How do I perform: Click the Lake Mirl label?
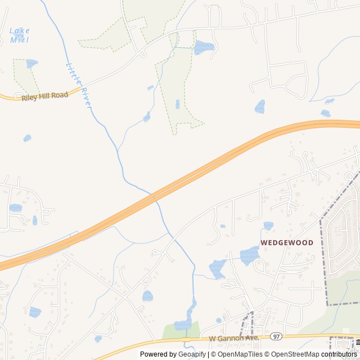tap(20, 35)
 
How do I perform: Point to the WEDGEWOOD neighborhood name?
tap(287, 243)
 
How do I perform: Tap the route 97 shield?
tap(276, 336)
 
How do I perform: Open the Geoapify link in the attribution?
tap(192, 354)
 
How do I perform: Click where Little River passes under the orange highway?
tap(154, 197)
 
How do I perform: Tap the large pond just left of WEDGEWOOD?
tap(249, 255)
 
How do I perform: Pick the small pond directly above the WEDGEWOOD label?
tap(268, 226)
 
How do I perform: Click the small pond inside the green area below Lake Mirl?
tap(31, 64)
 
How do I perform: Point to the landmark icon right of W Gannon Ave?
tap(357, 341)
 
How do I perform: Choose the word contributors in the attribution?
tap(339, 354)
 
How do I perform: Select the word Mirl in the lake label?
tap(19, 40)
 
